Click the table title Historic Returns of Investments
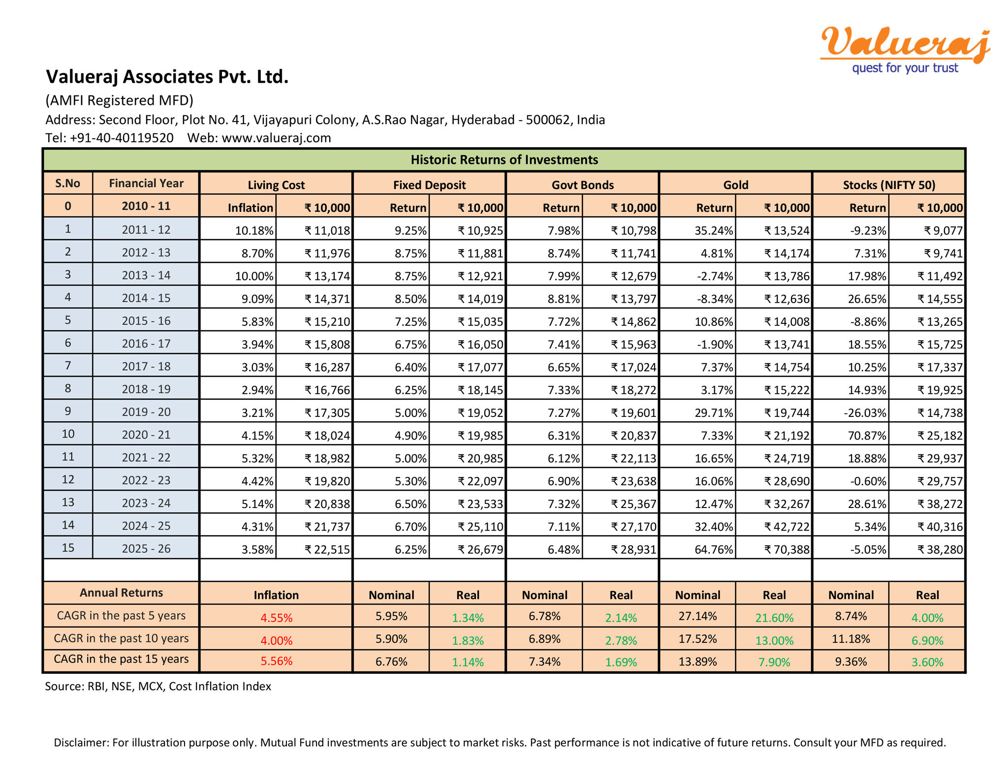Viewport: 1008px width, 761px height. coord(504,159)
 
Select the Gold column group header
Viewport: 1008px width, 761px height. coord(735,185)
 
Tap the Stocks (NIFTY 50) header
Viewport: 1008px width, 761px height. coord(888,185)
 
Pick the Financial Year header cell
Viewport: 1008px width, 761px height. coord(146,183)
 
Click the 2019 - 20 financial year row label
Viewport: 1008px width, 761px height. coord(146,412)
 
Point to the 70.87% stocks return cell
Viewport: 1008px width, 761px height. coord(867,435)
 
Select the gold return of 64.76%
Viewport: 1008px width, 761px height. coord(714,549)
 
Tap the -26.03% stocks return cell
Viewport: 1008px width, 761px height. coord(865,412)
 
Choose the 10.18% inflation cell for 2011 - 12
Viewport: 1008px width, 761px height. coord(254,230)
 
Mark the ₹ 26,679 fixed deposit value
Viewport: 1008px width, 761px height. coord(480,549)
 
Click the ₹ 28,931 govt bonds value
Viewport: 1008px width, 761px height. coord(633,549)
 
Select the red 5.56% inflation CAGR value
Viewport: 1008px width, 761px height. coord(276,661)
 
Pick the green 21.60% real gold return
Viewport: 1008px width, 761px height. coord(774,618)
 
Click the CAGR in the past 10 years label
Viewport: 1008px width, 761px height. coord(121,638)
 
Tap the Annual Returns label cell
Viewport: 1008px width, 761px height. coord(121,593)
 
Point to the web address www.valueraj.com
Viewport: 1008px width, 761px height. coord(276,138)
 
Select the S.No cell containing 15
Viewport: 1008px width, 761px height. coord(68,548)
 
